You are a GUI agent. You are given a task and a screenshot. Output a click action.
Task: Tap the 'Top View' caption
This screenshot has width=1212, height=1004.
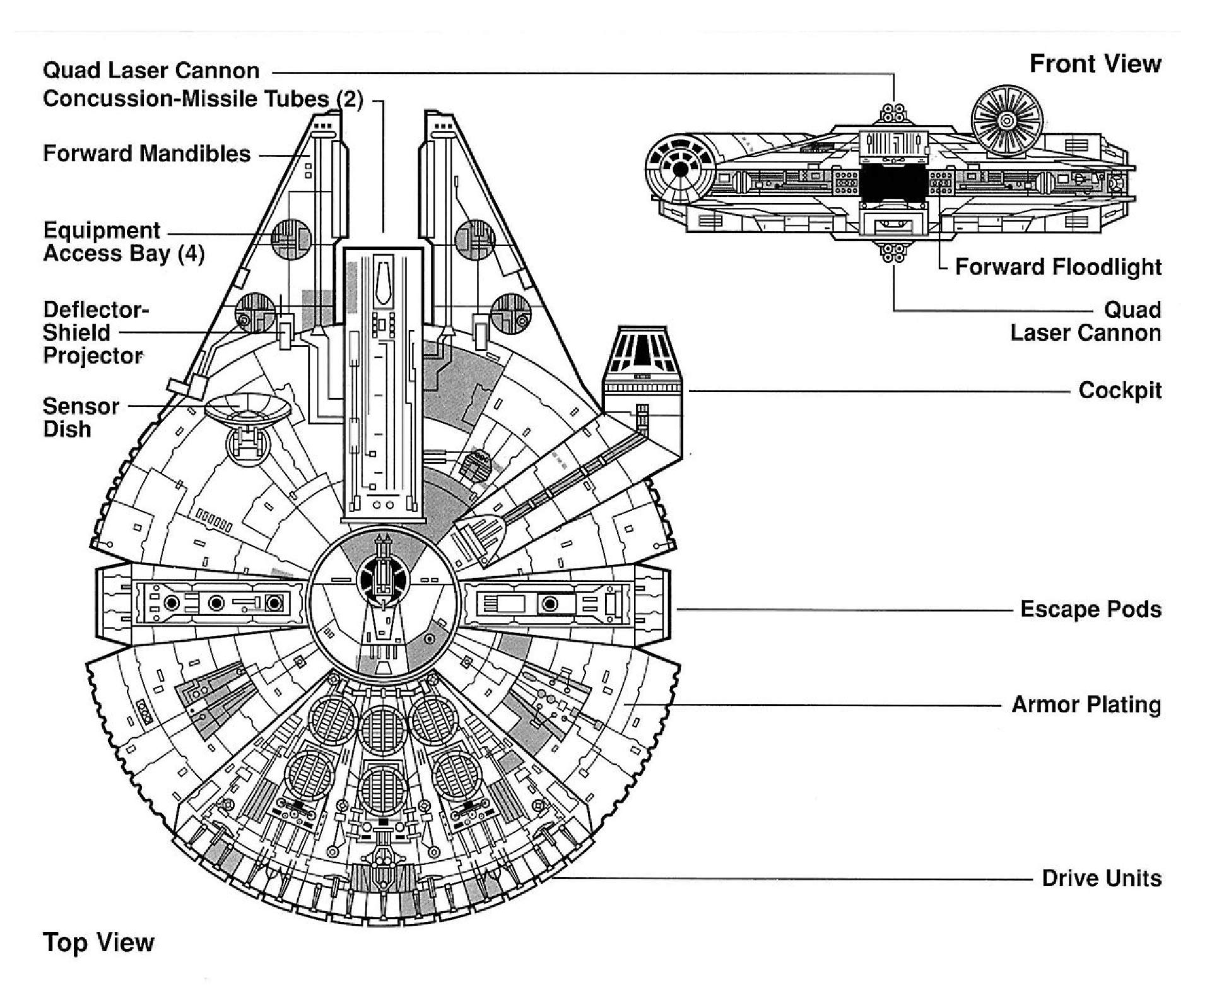tap(98, 942)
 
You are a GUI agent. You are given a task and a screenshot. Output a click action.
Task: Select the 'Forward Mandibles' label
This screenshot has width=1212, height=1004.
tap(146, 154)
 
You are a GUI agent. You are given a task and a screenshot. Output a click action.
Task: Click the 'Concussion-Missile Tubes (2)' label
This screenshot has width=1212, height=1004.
tap(203, 99)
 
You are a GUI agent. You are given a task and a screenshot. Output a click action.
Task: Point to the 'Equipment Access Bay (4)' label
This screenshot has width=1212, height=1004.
tap(124, 242)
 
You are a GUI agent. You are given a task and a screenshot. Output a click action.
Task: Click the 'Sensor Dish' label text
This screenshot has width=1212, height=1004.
tap(81, 417)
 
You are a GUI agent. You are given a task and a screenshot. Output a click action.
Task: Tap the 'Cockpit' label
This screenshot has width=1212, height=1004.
tap(1120, 391)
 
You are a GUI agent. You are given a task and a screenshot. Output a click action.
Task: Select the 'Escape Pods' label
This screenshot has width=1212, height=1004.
tap(1091, 610)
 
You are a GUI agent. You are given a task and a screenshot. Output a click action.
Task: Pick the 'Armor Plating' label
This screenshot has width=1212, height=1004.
tap(1086, 704)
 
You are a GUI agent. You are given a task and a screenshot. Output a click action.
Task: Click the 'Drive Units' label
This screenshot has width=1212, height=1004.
tap(1102, 878)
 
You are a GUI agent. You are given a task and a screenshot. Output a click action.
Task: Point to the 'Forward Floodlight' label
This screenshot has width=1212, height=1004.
tap(1058, 267)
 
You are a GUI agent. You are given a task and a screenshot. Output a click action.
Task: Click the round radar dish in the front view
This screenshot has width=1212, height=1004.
tap(1006, 120)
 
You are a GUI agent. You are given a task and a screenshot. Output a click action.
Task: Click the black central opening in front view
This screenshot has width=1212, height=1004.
tap(893, 183)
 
